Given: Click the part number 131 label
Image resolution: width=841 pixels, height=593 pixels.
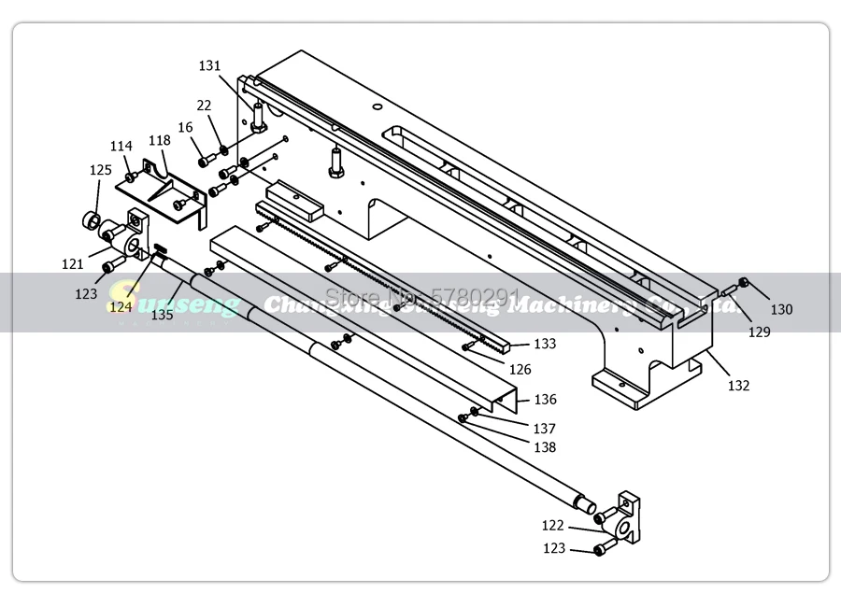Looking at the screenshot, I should point(209,65).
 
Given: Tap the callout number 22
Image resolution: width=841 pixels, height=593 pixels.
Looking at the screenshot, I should point(204,106).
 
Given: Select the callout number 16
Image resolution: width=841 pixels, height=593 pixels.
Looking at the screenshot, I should point(184,127).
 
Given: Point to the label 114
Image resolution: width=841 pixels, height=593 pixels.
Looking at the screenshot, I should point(121,146).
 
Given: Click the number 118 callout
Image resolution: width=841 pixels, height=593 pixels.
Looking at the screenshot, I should point(160,140).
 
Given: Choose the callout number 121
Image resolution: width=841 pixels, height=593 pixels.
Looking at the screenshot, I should point(73,264).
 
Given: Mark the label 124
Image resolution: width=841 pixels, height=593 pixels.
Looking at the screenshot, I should point(121,306).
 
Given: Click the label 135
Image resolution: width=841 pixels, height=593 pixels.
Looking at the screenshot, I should point(162,315).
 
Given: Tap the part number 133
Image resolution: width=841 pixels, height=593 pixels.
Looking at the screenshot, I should point(545,344).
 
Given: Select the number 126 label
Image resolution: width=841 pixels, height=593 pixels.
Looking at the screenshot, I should point(520,370).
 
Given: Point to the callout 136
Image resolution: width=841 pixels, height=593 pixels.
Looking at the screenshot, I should point(545,399).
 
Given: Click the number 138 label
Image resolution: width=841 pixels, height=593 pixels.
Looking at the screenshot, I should point(544,447).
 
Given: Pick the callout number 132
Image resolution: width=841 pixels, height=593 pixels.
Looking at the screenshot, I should point(738,385).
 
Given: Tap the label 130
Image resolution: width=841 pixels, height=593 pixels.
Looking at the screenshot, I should point(781,309).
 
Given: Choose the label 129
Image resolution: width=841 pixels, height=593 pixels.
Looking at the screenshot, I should point(759,332).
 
